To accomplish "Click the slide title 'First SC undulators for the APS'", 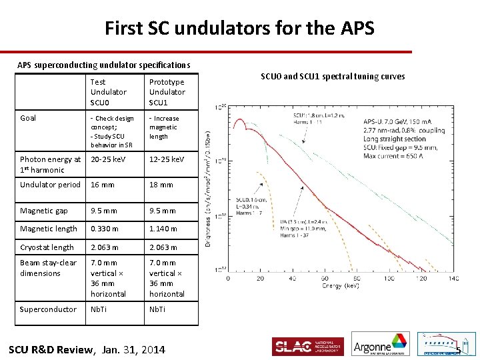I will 239,28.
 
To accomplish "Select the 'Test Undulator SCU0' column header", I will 108,92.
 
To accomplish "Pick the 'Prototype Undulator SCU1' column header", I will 167,92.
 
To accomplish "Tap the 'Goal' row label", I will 28,118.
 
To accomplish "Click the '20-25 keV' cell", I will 109,159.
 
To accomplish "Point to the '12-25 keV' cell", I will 167,159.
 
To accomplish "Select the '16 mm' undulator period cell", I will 104,185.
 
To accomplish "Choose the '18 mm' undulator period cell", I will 162,185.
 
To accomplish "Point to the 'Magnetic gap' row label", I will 44,211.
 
